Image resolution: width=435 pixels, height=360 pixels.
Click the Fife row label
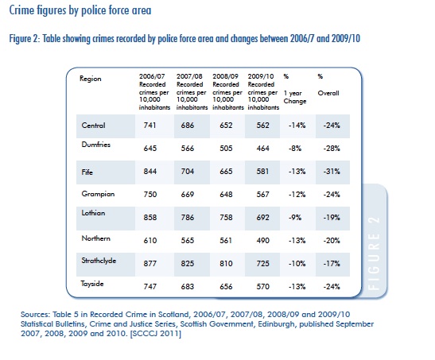pyautogui.click(x=87, y=172)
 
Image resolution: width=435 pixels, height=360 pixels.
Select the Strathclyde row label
pyautogui.click(x=99, y=261)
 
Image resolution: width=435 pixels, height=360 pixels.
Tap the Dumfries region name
pyautogui.click(x=96, y=145)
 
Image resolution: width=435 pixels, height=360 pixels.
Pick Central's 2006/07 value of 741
pyautogui.click(x=150, y=126)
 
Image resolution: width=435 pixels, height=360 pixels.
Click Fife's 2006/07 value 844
pyautogui.click(x=150, y=172)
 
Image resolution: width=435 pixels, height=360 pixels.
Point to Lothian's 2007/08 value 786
pyautogui.click(x=188, y=217)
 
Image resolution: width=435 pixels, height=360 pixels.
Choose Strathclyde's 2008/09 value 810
pyautogui.click(x=226, y=263)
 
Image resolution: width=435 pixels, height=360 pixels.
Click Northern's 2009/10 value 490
pyautogui.click(x=262, y=240)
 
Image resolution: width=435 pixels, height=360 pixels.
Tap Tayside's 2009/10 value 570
pyautogui.click(x=262, y=286)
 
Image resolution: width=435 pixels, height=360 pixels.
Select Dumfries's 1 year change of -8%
pyautogui.click(x=295, y=149)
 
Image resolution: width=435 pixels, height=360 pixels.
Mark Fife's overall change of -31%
pyautogui.click(x=332, y=172)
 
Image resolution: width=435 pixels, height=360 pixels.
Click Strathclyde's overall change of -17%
pyautogui.click(x=332, y=263)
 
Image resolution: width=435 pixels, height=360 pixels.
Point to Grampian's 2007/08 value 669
pyautogui.click(x=188, y=194)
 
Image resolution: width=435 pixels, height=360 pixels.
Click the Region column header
pyautogui.click(x=91, y=79)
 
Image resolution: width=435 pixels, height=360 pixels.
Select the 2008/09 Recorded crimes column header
pyautogui.click(x=227, y=91)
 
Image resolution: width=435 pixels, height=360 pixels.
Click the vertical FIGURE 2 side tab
pyautogui.click(x=374, y=253)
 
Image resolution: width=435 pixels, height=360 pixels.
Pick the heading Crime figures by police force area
pyautogui.click(x=80, y=10)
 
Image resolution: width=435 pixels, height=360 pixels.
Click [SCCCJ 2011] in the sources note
pyautogui.click(x=156, y=333)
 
